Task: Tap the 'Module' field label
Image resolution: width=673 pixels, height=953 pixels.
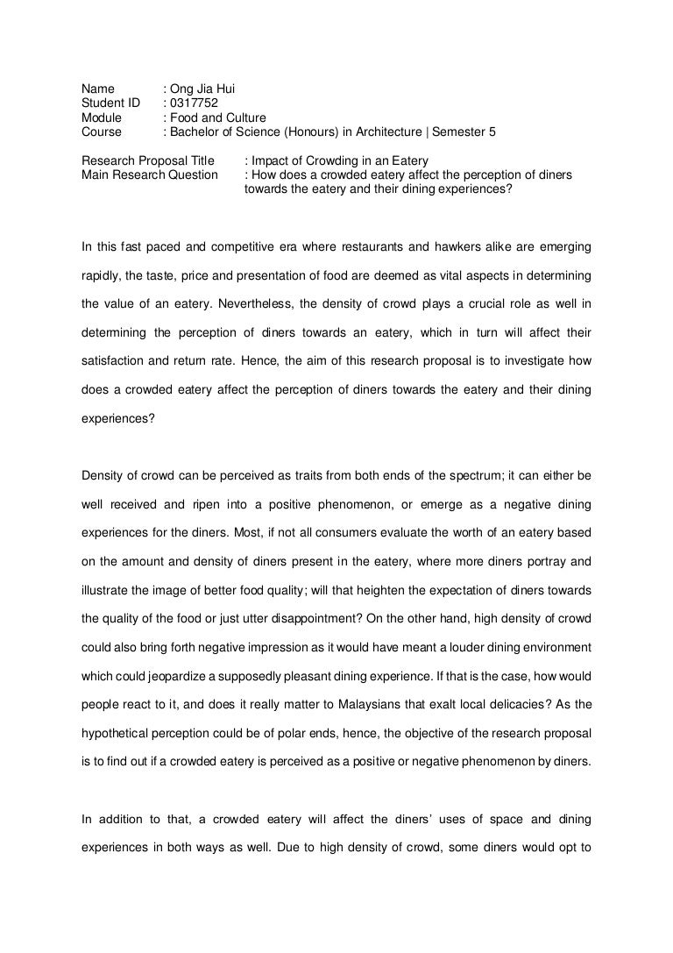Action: point(102,117)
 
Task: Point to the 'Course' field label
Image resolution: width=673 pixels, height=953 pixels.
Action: point(102,132)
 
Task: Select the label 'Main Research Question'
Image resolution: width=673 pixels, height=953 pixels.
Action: point(149,175)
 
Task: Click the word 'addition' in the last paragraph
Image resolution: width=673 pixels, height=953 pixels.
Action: point(122,821)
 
